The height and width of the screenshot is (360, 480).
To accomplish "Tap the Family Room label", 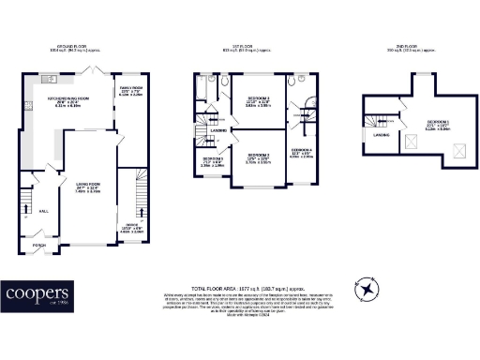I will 129,90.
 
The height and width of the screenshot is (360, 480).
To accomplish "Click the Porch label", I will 38,246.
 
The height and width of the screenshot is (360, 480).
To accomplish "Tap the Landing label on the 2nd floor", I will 382,134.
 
